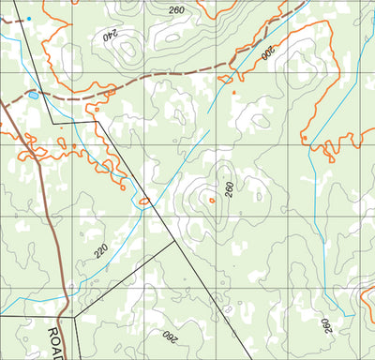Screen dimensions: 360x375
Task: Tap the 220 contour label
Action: (100, 250)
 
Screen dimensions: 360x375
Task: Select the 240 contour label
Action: (110, 37)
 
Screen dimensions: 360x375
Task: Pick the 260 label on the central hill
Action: (229, 189)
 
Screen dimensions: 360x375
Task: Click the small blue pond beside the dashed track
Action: (34, 95)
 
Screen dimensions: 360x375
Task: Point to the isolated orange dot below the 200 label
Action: (304, 139)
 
